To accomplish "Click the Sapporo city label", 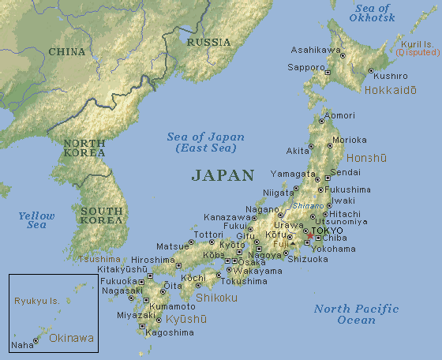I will point(307,69).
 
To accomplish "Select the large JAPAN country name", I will point(223,175).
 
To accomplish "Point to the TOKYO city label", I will point(328,230).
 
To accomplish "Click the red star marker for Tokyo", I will point(310,235).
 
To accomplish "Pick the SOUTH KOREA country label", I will point(101,216).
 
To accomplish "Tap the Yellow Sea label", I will point(37,220).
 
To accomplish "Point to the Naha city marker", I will point(36,340).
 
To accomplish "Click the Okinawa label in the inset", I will point(71,338).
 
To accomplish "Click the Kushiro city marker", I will point(370,70).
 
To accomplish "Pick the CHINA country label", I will point(66,51).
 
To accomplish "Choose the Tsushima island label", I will point(99,259).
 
